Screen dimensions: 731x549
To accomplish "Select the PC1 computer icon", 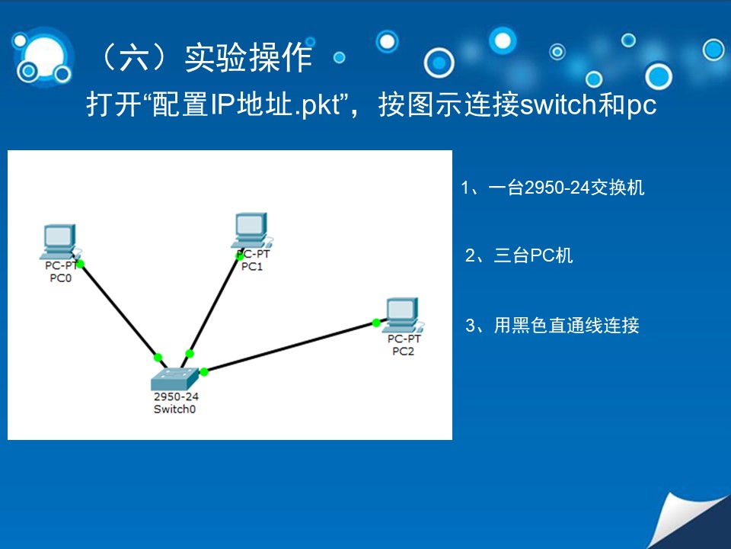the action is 252,230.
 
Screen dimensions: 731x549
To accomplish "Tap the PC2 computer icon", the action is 404,315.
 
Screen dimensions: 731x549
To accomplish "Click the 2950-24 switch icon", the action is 175,379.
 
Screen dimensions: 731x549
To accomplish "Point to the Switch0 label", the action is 175,409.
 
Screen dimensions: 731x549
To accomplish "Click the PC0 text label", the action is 61,278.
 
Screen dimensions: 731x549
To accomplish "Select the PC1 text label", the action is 252,267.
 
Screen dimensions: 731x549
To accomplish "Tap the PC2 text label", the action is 404,351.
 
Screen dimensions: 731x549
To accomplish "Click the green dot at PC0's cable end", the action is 80,265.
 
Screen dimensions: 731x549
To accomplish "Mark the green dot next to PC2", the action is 376,323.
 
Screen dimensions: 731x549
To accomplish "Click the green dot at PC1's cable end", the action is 240,256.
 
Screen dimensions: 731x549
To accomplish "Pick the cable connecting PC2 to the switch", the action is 290,347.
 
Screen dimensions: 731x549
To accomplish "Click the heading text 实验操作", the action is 248,58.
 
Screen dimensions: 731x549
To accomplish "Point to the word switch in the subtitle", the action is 558,104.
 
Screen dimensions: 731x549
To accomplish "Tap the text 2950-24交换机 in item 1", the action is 584,188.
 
